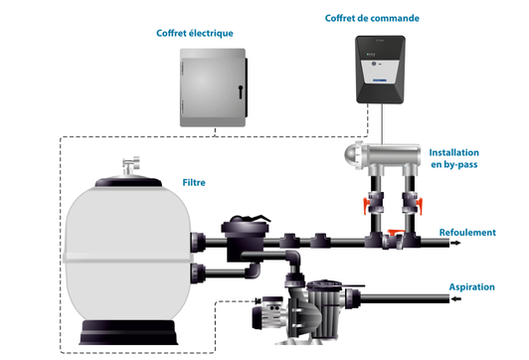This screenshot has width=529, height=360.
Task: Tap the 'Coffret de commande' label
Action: pos(373,19)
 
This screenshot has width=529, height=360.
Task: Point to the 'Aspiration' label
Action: pos(471,286)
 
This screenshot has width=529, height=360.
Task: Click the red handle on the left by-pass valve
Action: pos(369,209)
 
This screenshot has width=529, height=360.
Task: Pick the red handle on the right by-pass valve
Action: pos(418,209)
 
